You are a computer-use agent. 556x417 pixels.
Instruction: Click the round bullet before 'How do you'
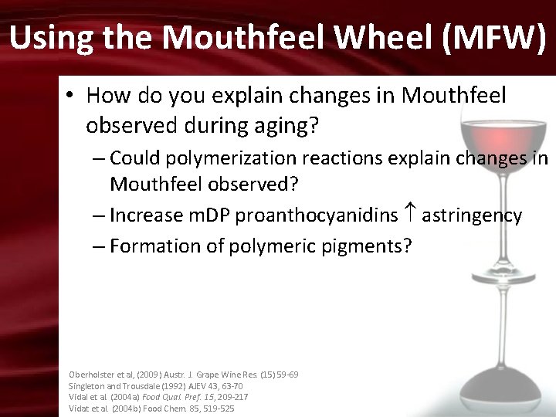click(69, 96)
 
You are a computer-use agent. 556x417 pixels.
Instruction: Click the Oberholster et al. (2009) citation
click(184, 375)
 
